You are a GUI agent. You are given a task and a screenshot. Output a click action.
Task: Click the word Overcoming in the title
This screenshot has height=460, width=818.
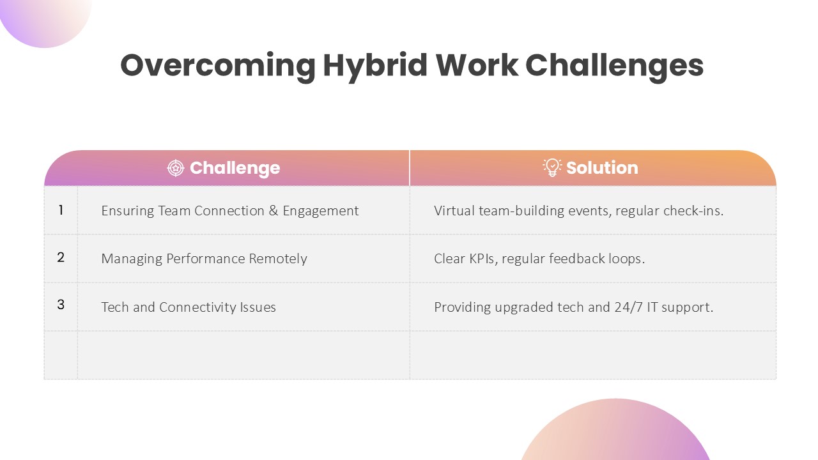[x=218, y=66]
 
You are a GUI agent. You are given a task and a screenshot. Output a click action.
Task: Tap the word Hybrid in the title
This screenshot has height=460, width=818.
[x=375, y=66]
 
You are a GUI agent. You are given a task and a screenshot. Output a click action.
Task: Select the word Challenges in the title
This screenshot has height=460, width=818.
[x=615, y=66]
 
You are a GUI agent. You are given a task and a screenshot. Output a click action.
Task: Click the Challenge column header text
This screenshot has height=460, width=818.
[x=235, y=168]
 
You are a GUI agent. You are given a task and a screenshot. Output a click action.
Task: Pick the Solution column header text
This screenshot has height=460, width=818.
[x=602, y=168]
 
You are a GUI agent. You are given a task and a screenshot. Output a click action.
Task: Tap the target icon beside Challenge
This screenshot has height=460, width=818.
[x=176, y=168]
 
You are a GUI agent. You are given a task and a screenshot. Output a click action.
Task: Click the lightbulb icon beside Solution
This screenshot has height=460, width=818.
[x=552, y=167]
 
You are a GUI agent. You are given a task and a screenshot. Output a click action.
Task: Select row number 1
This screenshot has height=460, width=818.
[x=61, y=210]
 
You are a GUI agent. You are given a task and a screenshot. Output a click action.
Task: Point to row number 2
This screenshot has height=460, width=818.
[x=61, y=257]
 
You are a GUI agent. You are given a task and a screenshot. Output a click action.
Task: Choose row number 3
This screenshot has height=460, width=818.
[x=61, y=305]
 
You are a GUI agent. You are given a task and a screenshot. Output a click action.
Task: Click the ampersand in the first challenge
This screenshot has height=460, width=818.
[x=273, y=211]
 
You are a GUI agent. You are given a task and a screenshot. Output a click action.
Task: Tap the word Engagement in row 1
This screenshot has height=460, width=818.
[x=321, y=211]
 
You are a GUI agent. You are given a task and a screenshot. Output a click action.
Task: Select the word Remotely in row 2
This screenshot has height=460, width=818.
[x=278, y=259]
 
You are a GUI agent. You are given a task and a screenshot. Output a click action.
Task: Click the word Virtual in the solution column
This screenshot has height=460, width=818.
[x=454, y=211]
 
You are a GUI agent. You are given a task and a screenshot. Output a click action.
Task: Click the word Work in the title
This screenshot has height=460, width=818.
[x=477, y=66]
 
